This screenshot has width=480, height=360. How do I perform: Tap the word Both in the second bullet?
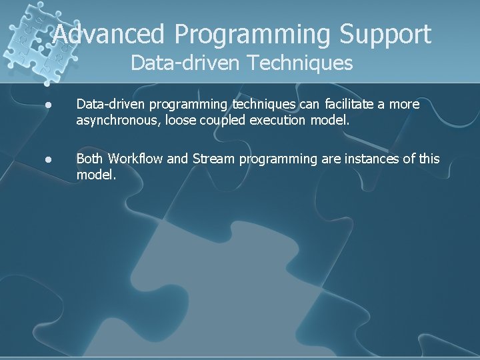coord(89,159)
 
